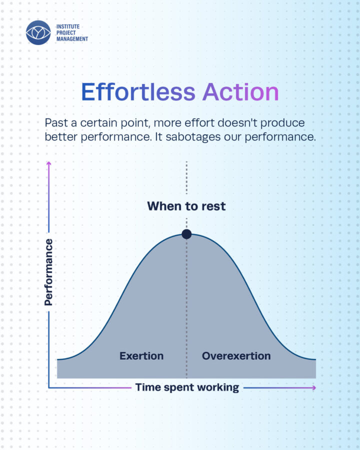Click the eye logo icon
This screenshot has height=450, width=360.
pyautogui.click(x=38, y=32)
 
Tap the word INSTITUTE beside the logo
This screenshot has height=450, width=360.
pyautogui.click(x=68, y=26)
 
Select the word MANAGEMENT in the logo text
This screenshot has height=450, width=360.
pyautogui.click(x=72, y=38)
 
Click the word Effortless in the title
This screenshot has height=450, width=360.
pyautogui.click(x=138, y=92)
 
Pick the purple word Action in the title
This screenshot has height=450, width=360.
pyautogui.click(x=240, y=92)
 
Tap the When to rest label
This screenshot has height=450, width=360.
pyautogui.click(x=186, y=206)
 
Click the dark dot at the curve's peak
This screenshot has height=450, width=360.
pyautogui.click(x=186, y=234)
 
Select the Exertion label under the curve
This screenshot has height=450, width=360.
pyautogui.click(x=141, y=356)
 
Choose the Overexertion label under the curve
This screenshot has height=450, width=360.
pyautogui.click(x=236, y=356)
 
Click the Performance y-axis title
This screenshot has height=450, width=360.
pyautogui.click(x=48, y=272)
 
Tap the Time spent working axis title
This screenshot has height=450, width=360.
pyautogui.click(x=187, y=387)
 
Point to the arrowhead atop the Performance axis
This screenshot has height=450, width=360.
pyautogui.click(x=49, y=163)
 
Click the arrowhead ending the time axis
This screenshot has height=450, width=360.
pyautogui.click(x=314, y=387)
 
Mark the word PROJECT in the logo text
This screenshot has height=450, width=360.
pyautogui.click(x=66, y=32)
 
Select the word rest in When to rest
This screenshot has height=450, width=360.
pyautogui.click(x=213, y=206)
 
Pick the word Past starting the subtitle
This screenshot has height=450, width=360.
pyautogui.click(x=56, y=123)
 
